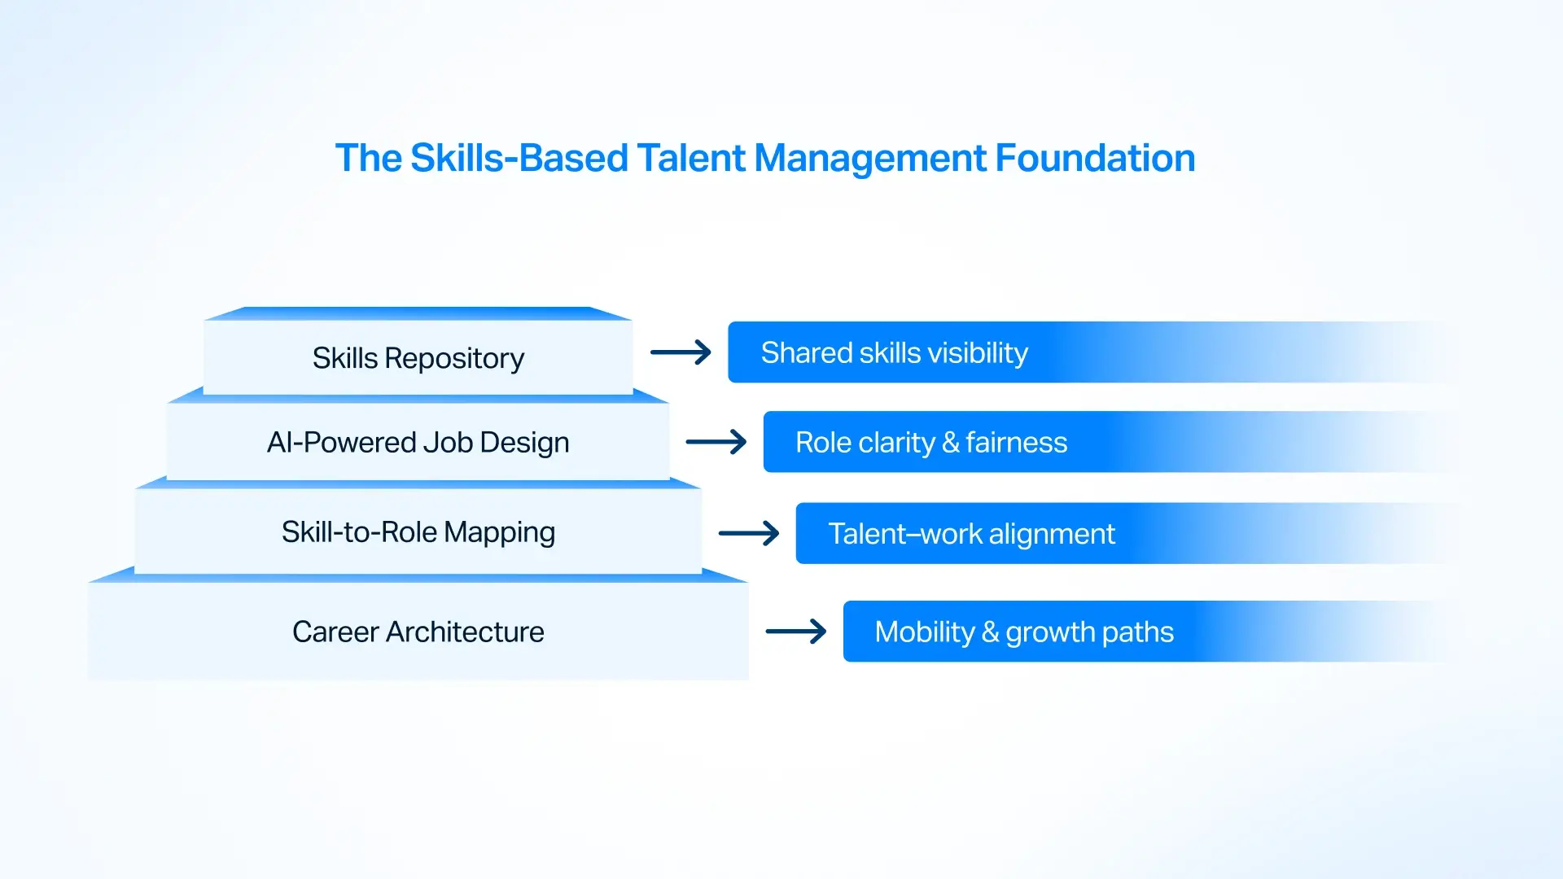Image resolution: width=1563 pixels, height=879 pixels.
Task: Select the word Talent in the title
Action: point(690,158)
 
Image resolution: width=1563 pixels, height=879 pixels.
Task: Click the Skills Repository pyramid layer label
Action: point(418,358)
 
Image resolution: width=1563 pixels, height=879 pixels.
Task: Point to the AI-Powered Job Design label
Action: point(418,443)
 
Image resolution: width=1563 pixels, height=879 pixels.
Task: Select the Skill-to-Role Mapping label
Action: point(418,532)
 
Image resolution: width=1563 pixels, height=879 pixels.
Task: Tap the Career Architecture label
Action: point(418,632)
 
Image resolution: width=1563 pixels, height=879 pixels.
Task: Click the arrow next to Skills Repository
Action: point(681,352)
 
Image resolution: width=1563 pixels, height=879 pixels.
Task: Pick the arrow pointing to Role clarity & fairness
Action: point(716,442)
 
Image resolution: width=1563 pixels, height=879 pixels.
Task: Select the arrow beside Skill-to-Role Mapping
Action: point(749,534)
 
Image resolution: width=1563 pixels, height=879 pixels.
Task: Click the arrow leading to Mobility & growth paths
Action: point(796,632)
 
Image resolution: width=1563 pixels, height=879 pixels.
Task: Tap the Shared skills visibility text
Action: point(894,353)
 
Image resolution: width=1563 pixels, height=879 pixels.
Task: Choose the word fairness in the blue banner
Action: point(1016,443)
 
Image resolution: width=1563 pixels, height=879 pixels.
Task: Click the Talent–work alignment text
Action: point(971,535)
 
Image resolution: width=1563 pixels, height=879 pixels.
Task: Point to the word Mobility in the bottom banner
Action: point(924,632)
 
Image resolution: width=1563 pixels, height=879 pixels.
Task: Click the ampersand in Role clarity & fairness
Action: point(950,443)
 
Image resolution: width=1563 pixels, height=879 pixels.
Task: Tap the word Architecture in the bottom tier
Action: point(464,632)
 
